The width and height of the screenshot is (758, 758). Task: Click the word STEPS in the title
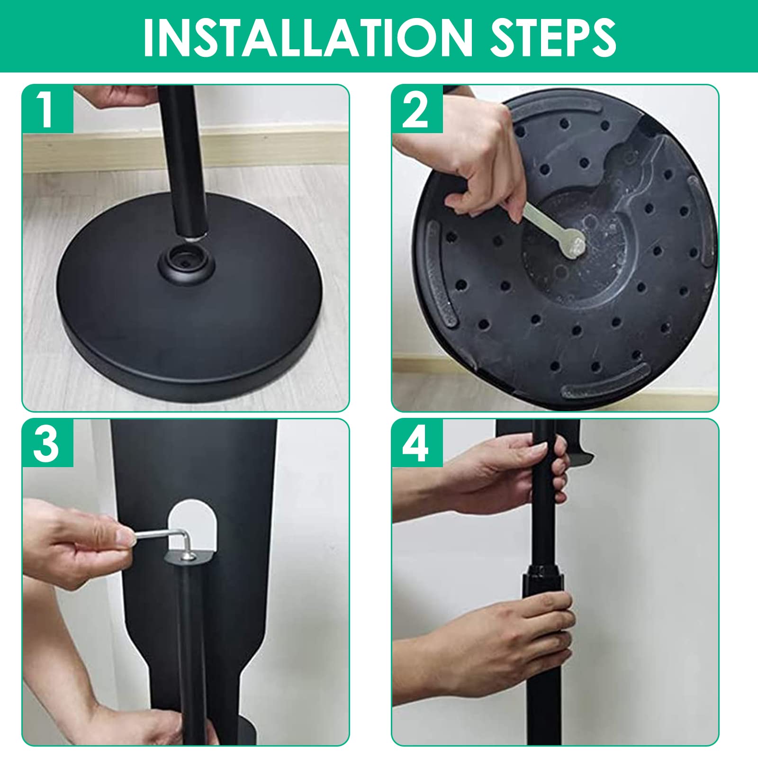553,36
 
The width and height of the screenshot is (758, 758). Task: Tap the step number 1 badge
47,108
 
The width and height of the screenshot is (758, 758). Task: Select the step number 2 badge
417,108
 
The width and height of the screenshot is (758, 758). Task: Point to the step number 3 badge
47,443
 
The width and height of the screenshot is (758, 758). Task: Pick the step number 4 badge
417,443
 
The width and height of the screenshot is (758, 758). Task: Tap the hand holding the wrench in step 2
478,156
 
